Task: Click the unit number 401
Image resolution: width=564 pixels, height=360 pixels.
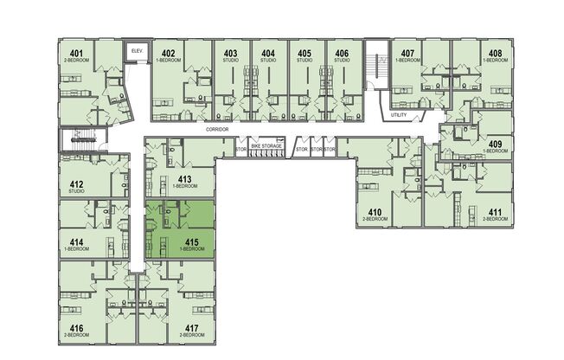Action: (76, 55)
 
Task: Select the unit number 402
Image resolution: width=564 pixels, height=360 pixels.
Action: (168, 55)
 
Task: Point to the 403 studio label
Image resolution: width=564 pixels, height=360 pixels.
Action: (231, 55)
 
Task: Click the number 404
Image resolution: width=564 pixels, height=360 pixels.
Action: (268, 55)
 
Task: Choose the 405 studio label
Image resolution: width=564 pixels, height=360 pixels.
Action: (304, 55)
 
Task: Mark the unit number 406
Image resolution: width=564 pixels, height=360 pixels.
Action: (342, 55)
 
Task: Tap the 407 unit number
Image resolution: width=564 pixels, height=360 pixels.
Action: (407, 55)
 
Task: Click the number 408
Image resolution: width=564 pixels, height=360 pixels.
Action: (495, 55)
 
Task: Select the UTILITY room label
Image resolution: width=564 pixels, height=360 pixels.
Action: (399, 114)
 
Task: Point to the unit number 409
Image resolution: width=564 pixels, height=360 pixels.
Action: (496, 144)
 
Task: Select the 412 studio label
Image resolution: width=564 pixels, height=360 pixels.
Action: (76, 183)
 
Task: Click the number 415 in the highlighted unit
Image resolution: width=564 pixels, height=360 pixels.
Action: (193, 242)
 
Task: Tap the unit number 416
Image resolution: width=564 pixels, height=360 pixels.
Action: (76, 328)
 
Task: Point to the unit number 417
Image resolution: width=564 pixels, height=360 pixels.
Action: (191, 328)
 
